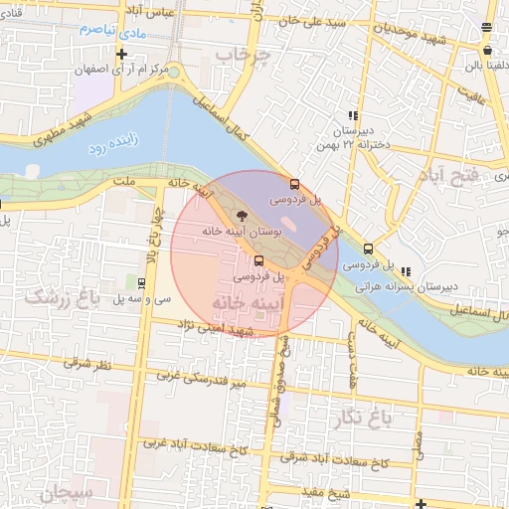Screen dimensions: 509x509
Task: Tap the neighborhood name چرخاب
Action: click(243, 57)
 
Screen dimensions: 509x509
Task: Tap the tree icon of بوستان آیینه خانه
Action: click(243, 214)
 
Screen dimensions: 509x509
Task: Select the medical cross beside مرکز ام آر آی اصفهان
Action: click(121, 54)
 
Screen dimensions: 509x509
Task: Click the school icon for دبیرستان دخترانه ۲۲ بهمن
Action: click(353, 115)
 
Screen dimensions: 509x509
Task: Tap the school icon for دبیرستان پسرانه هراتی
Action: click(406, 271)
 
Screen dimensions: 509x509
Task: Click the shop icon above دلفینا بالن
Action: click(487, 50)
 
